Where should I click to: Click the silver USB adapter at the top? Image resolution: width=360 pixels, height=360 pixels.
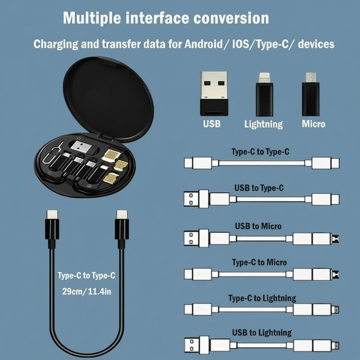click(x=214, y=93)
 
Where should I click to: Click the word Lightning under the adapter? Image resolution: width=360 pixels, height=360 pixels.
click(x=264, y=124)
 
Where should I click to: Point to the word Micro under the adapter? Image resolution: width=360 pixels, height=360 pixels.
click(x=314, y=124)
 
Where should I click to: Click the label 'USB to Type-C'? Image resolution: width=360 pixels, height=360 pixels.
click(x=259, y=188)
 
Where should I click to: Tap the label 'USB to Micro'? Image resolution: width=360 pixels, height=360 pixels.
click(x=258, y=226)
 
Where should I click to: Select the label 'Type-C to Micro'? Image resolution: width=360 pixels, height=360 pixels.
click(x=259, y=262)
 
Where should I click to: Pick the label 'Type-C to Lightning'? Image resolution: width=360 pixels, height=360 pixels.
click(x=262, y=298)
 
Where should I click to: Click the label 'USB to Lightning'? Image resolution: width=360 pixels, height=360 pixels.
click(x=262, y=333)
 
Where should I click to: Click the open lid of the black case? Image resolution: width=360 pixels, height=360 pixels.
click(x=108, y=99)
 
